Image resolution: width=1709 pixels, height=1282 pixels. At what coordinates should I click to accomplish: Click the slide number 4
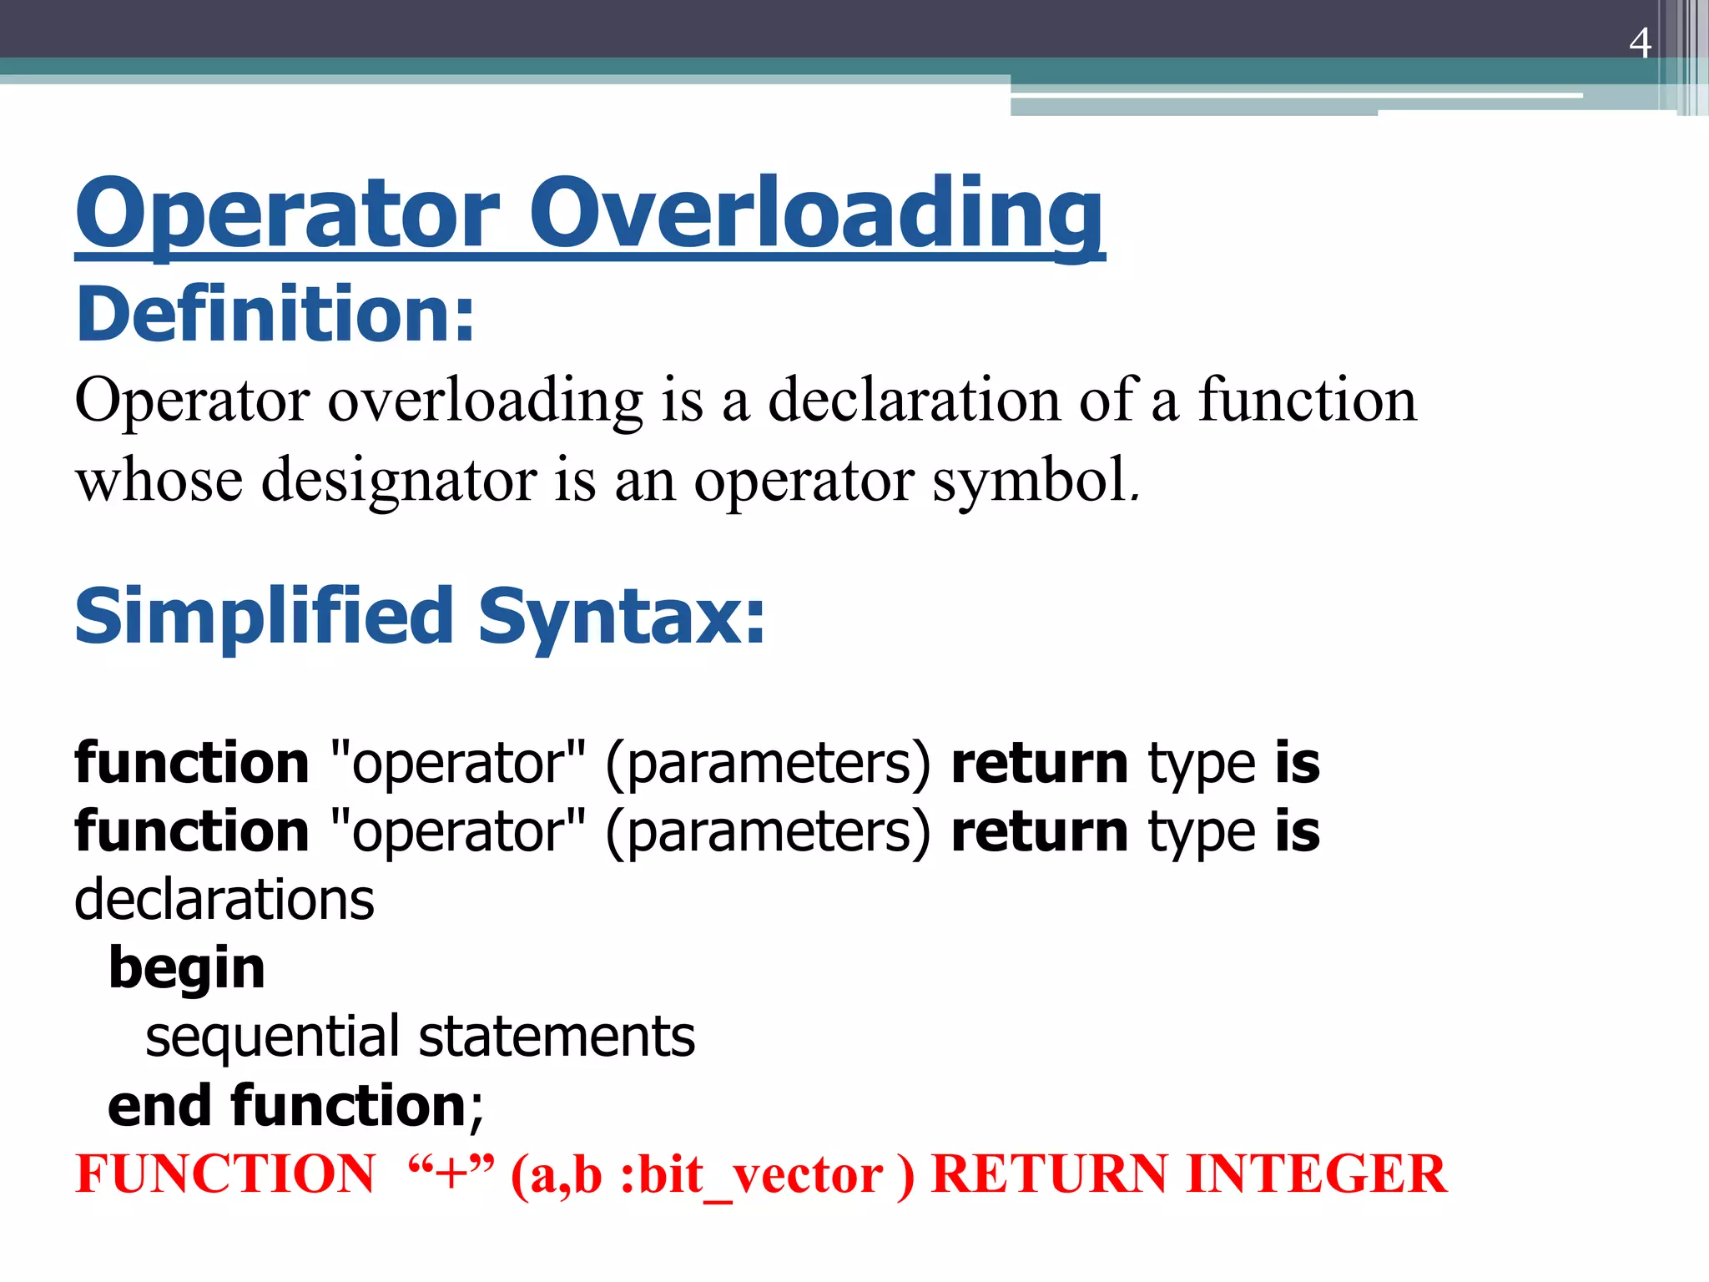(1639, 43)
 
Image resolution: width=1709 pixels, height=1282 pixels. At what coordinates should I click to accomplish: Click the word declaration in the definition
(914, 400)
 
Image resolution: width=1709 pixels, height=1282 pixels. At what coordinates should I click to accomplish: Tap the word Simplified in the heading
(264, 618)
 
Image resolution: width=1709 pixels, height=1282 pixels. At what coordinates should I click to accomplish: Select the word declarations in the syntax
(224, 900)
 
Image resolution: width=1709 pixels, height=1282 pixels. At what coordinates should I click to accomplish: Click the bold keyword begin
(187, 969)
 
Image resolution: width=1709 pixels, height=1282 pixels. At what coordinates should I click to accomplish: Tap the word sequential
(271, 1037)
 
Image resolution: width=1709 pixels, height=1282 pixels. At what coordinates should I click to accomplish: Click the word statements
(557, 1037)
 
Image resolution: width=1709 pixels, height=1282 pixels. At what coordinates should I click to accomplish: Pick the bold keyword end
(159, 1106)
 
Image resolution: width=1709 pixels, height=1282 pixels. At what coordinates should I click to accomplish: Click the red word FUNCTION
(225, 1174)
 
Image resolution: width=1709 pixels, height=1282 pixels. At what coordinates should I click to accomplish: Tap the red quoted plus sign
(451, 1174)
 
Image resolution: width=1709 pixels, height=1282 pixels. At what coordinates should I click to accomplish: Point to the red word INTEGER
(1316, 1174)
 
